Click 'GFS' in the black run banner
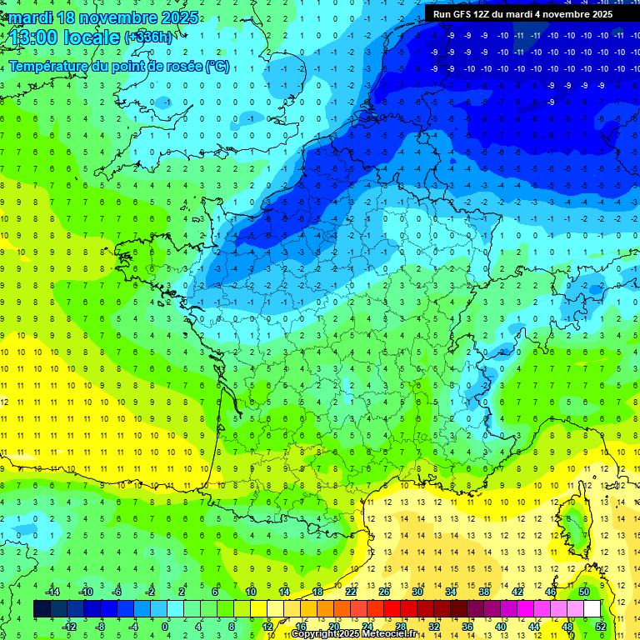tap(463, 14)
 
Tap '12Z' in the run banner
tap(487, 14)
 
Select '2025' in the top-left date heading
tap(179, 17)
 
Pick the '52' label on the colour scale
tap(601, 626)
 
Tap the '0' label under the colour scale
tap(166, 626)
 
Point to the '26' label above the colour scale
tap(384, 591)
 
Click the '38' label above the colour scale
tap(484, 591)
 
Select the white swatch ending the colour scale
tap(592, 608)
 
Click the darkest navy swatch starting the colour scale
tap(42, 608)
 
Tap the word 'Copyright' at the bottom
tap(314, 634)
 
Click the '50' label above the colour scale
tap(584, 591)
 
